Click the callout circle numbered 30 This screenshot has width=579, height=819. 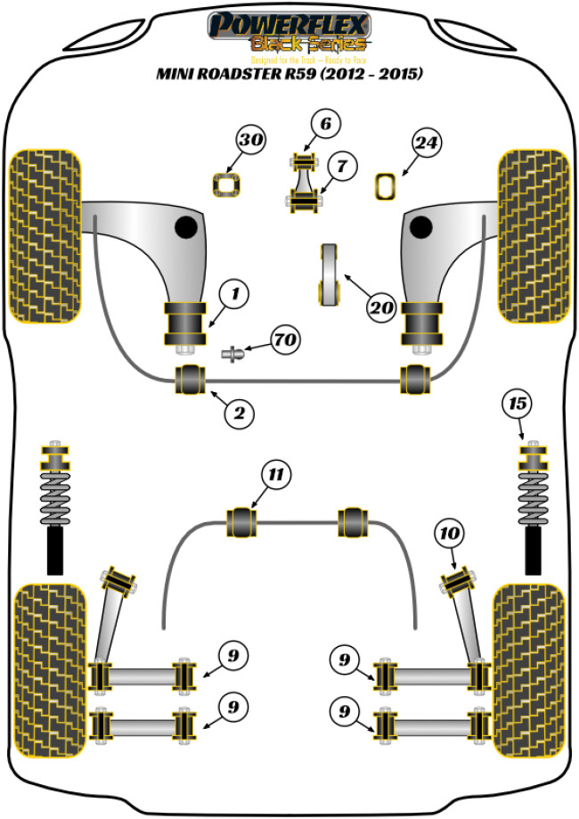coord(251,141)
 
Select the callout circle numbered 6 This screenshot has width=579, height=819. coord(326,125)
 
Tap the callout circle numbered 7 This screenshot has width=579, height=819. coord(341,165)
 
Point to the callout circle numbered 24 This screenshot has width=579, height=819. coord(427,143)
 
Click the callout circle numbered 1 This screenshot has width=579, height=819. coord(235,292)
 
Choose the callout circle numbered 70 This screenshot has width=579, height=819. coord(286,340)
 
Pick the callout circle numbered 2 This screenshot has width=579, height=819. coord(240,413)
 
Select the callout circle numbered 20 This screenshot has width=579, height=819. coord(381,308)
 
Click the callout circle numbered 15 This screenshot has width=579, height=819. coord(518,404)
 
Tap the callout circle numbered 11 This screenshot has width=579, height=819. coord(277,475)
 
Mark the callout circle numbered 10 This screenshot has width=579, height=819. coord(450,534)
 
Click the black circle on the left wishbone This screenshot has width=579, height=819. coord(185,228)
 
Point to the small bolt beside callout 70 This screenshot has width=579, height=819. coord(233,354)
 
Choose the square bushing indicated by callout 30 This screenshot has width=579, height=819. coord(228,184)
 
